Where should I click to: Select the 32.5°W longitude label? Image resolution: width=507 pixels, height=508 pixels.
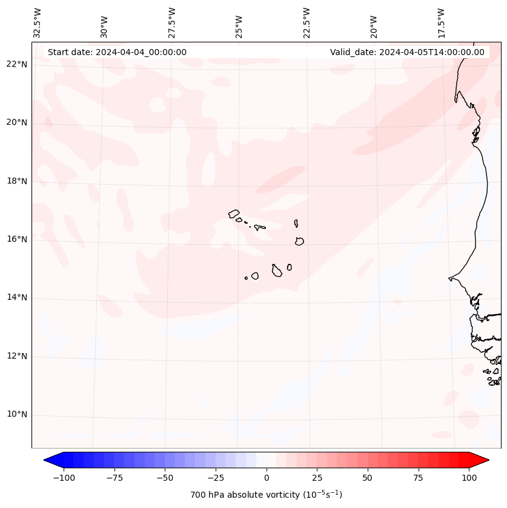tap(38, 22)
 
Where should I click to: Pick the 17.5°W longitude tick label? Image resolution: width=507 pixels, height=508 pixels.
tap(441, 22)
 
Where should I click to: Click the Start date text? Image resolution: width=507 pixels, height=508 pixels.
tap(117, 52)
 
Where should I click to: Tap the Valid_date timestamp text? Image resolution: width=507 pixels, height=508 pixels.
tap(407, 52)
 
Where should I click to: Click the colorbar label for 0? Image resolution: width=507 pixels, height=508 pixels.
tap(267, 478)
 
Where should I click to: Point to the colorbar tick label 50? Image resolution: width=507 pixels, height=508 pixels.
tap(367, 478)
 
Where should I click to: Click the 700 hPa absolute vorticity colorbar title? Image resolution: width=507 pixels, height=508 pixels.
tap(267, 495)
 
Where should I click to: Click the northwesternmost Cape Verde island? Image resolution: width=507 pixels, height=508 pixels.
tap(234, 214)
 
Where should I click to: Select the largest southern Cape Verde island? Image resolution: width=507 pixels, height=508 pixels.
tap(277, 271)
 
